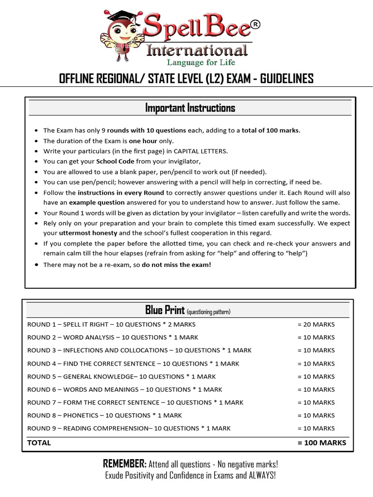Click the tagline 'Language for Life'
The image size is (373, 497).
tap(201, 62)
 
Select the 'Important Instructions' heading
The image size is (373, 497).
tap(190, 108)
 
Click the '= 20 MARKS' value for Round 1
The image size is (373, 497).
tap(316, 324)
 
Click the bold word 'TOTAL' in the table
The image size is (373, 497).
tap(39, 443)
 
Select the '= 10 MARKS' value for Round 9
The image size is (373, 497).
tap(316, 429)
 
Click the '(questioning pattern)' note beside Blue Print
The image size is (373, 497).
tap(208, 312)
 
